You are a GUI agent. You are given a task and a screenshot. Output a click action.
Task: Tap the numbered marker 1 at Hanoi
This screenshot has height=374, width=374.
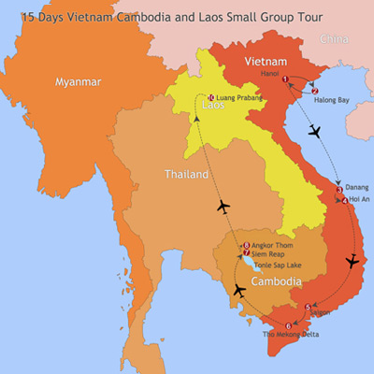coord(285,79)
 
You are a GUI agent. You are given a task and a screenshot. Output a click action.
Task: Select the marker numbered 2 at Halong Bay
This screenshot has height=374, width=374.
coord(315,91)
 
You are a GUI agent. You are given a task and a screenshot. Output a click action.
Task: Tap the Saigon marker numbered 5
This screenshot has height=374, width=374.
coord(308,307)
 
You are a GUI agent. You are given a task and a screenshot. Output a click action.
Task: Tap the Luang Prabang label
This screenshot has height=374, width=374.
coord(237,97)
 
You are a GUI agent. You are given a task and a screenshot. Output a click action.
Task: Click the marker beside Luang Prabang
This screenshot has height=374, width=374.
coord(211,97)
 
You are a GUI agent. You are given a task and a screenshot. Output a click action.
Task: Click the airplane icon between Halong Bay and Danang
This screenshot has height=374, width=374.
coord(314,130)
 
